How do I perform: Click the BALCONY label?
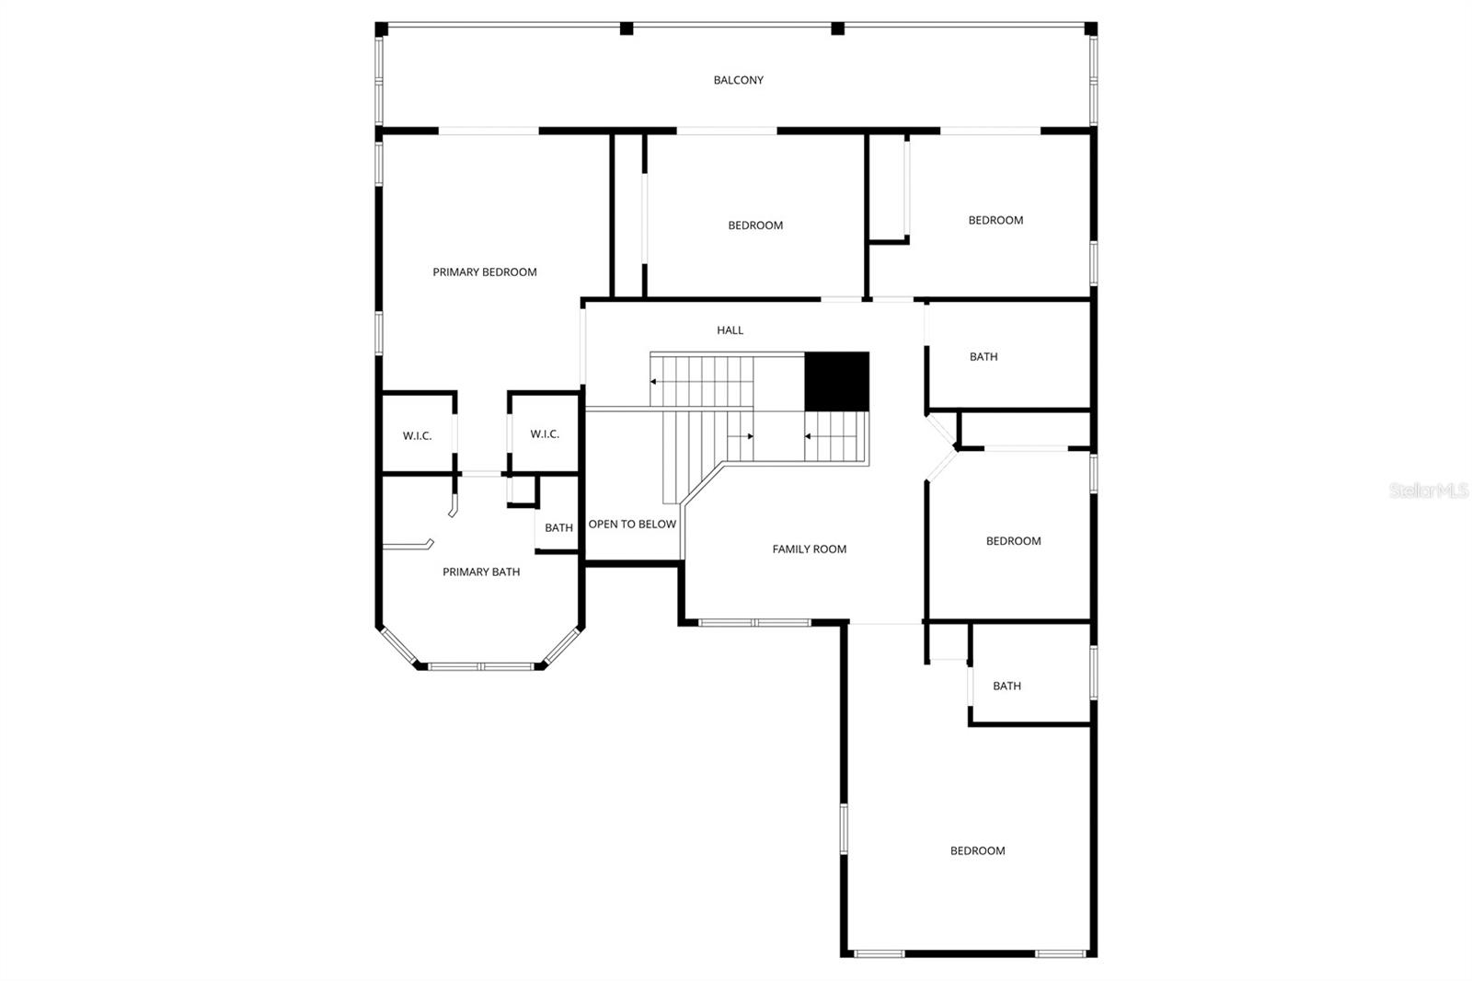(738, 80)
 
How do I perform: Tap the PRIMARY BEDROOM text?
(484, 271)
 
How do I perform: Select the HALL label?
(730, 329)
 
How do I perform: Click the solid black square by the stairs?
(836, 381)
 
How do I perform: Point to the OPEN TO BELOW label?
(632, 524)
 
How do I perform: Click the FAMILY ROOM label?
(809, 548)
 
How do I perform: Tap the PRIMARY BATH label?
(480, 571)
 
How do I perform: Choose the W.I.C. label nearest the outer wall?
(417, 435)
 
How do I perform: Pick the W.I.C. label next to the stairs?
(544, 433)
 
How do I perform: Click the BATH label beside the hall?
(983, 356)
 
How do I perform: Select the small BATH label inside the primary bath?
(558, 527)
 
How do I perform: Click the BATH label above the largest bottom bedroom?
(1006, 686)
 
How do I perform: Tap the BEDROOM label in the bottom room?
(977, 850)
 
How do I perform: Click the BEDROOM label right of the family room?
(1013, 540)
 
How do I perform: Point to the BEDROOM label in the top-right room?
(995, 220)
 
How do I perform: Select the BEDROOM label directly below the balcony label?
(754, 225)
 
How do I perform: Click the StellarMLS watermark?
(1429, 490)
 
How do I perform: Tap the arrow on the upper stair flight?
(654, 381)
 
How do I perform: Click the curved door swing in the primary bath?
(452, 507)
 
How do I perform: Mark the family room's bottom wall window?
(754, 623)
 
